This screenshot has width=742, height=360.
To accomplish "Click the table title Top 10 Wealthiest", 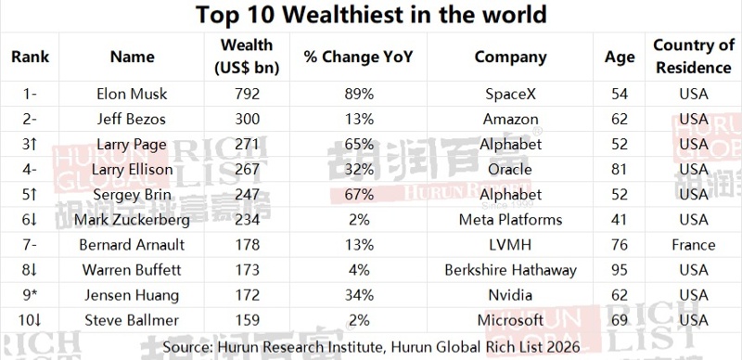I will tap(370, 16).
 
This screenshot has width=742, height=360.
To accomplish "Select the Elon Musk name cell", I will tap(133, 95).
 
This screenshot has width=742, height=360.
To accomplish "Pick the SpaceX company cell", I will tap(509, 95).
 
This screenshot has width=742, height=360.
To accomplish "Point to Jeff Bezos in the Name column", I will tap(133, 120).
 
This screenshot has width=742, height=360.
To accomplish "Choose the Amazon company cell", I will tap(509, 120).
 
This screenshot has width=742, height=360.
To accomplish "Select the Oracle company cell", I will tap(509, 170).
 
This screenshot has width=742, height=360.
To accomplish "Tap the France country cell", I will tap(693, 245).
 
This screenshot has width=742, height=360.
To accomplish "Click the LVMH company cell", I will tap(509, 245).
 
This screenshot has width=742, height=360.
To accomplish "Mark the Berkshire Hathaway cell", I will tap(509, 270).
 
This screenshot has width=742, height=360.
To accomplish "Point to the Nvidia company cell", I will tap(509, 295).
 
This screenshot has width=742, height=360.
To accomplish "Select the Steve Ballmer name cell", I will tap(133, 320).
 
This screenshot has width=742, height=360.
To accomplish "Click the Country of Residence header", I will tap(693, 57).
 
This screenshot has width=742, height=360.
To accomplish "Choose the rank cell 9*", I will tap(30, 295).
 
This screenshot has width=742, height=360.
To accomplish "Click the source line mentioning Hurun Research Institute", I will tap(370, 347).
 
